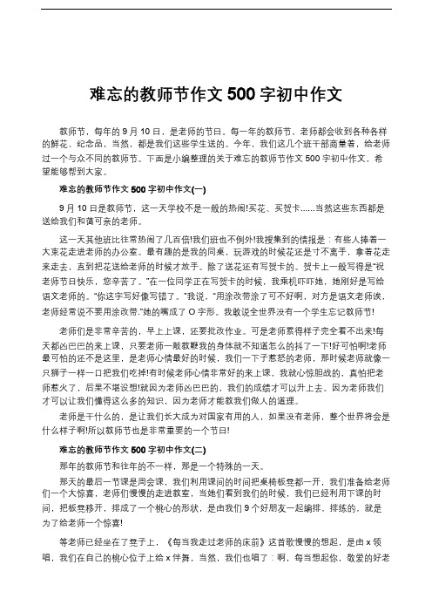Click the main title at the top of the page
[x=215, y=93]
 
